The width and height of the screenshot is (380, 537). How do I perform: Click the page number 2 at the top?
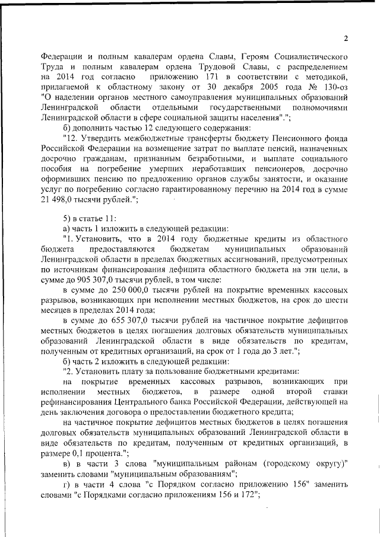pos(345,39)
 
